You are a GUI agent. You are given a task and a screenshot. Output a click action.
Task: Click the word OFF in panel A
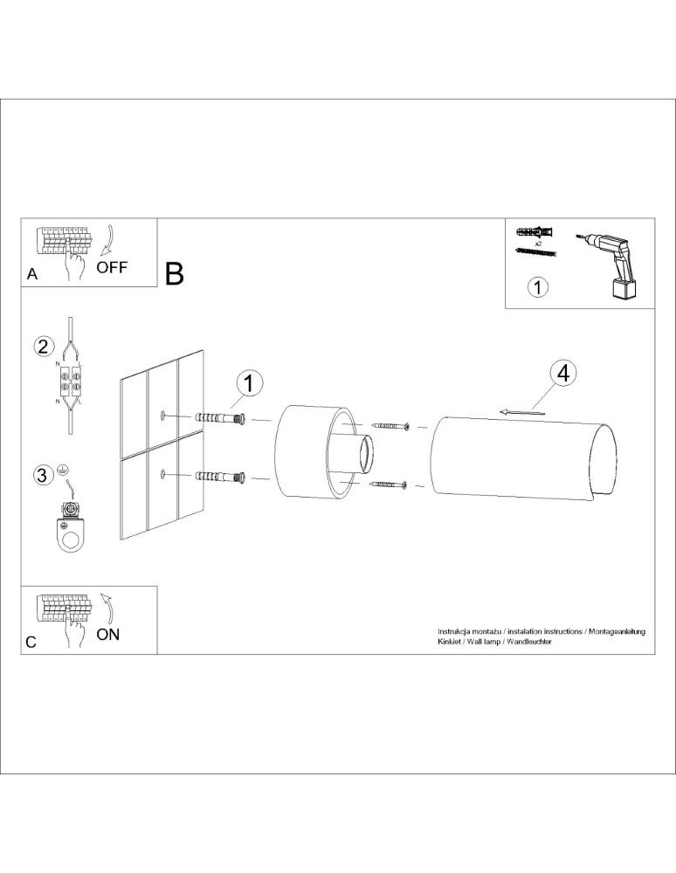pos(112,267)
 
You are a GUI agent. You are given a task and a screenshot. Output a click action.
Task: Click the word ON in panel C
pos(108,635)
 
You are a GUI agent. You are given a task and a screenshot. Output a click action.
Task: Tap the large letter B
pos(174,273)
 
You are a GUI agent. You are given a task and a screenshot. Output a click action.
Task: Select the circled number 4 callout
pos(563,373)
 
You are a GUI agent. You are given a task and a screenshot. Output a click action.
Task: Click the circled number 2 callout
pos(42,346)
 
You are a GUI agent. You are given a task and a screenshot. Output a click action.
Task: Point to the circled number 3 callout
pos(41,475)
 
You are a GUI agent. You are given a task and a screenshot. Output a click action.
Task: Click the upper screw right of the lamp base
pos(390,426)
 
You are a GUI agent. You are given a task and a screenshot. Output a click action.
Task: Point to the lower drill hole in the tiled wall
pos(163,474)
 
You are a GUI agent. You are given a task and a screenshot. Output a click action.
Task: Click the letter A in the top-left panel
pos(32,273)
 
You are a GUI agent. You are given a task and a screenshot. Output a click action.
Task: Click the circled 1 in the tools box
pos(539,286)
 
